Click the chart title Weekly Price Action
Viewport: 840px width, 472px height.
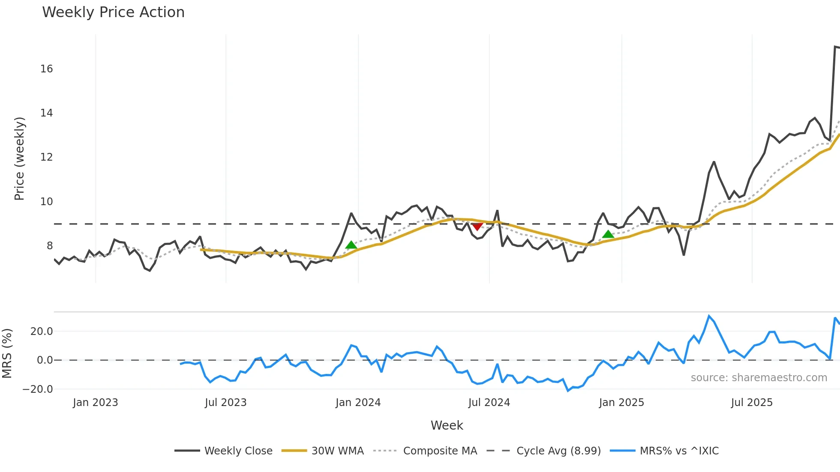[x=113, y=12]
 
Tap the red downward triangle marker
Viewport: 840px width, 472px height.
[x=477, y=226]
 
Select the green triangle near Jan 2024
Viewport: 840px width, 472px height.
[x=351, y=245]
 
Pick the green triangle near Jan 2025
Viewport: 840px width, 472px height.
[x=608, y=234]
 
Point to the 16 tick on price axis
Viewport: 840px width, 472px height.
[x=46, y=69]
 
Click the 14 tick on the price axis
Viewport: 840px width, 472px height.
[x=46, y=113]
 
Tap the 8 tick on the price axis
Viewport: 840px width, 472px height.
[x=50, y=246]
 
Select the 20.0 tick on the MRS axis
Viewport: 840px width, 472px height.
[x=42, y=332]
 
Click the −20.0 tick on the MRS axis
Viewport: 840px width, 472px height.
[x=38, y=389]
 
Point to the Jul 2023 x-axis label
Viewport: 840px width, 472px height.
[x=225, y=403]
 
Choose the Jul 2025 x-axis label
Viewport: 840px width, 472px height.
[x=752, y=403]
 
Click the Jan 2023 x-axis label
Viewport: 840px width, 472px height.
[x=95, y=403]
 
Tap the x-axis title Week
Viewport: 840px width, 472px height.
[x=447, y=425]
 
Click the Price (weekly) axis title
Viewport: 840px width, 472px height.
[x=20, y=158]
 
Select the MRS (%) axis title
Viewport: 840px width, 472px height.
[x=7, y=353]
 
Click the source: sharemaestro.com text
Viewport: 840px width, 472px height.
[x=759, y=378]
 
